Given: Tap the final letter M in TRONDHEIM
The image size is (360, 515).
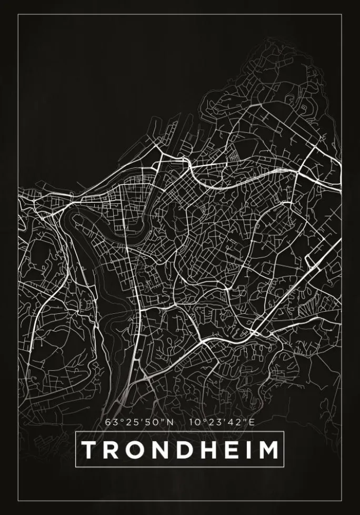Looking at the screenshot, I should coord(269,450).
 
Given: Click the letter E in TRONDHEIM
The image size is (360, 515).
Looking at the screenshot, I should coord(234,450).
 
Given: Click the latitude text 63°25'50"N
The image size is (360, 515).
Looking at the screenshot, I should coord(139,422).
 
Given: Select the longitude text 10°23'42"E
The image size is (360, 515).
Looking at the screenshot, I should coord(222,422).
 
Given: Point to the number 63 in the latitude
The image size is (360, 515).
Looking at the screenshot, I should coord(111,422).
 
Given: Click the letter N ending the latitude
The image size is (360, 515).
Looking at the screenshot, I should coord(169,422).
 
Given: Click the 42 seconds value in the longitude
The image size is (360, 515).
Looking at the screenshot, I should coord(237,422).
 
